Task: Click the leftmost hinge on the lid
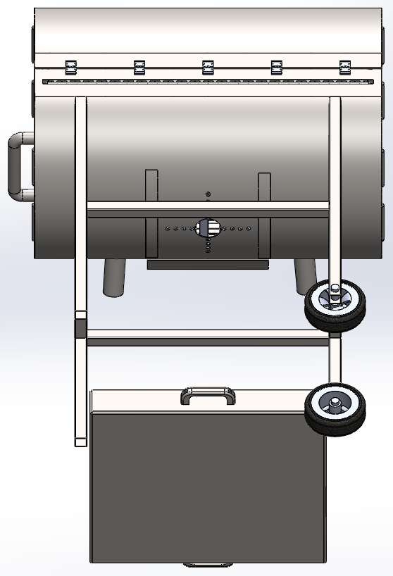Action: tap(70, 67)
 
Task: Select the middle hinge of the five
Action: tap(208, 67)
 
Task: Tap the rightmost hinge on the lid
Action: tap(345, 67)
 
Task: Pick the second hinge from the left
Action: tap(139, 67)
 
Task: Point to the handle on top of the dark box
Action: tap(208, 395)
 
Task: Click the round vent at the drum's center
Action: tap(207, 227)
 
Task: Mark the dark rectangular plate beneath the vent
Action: tap(208, 265)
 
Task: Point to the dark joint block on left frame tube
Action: tap(80, 329)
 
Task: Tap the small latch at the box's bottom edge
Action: tap(207, 565)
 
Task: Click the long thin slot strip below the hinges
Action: tap(208, 82)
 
